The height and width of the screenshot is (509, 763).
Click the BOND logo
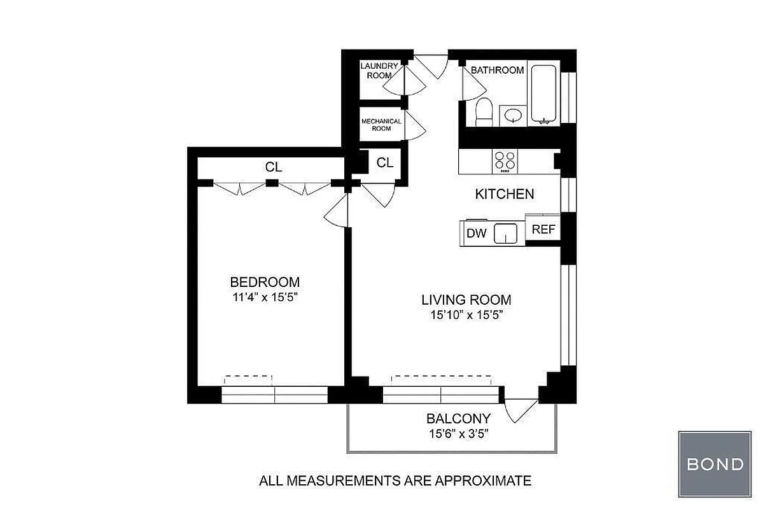point(715,464)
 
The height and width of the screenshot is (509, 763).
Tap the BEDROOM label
point(265,282)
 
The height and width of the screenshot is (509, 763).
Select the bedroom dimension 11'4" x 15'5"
point(265,297)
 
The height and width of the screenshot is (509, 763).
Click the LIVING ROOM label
point(466,300)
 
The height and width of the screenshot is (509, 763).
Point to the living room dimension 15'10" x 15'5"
point(466,315)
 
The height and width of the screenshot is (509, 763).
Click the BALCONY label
point(458,419)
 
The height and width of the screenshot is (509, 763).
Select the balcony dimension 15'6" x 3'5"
point(458,433)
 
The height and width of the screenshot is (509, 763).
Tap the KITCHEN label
point(505,194)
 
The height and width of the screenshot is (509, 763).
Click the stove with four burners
point(505,161)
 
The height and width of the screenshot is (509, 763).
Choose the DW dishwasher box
point(476,233)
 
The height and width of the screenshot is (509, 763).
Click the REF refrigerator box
point(543,230)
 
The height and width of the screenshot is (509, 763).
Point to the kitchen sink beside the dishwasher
point(506,234)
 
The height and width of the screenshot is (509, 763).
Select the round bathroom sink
point(512,115)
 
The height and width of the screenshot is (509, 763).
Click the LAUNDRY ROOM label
point(380,70)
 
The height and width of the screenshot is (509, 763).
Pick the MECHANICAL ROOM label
point(381,125)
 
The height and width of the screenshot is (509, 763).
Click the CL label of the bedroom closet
point(274,168)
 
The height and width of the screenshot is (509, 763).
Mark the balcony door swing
point(521,410)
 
